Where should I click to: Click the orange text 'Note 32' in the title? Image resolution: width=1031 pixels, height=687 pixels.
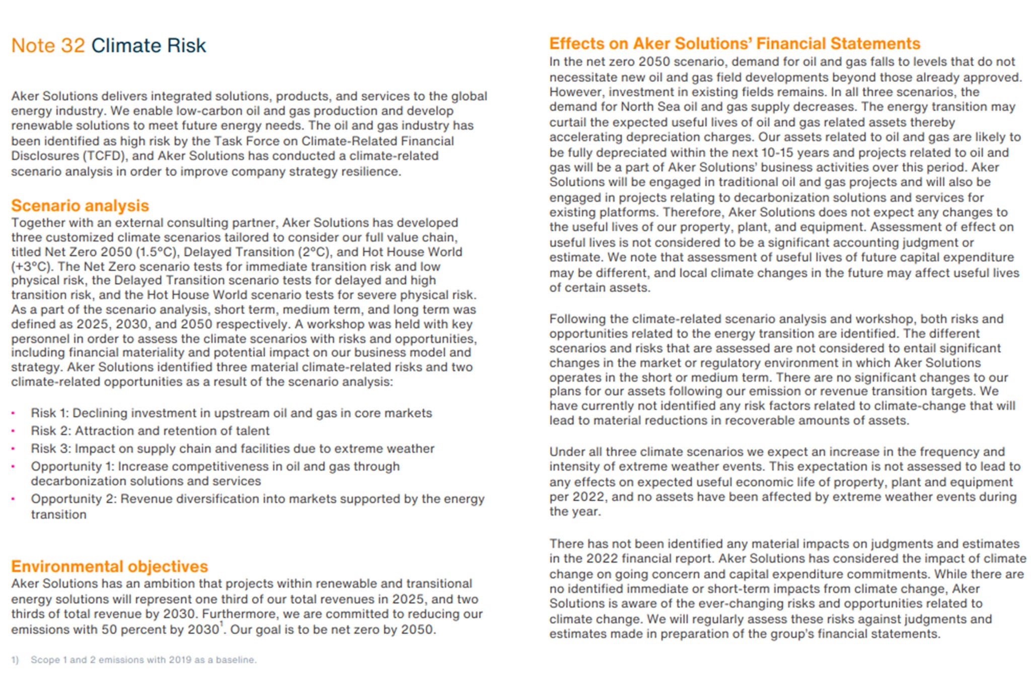point(48,45)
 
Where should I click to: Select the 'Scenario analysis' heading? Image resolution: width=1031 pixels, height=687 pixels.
point(80,205)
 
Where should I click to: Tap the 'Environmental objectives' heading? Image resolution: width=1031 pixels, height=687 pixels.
point(109,566)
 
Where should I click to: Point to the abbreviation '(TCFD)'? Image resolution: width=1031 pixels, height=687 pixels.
point(31,156)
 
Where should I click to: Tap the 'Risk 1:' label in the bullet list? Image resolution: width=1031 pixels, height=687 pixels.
point(49,413)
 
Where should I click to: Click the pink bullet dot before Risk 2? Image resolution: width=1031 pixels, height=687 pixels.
point(13,431)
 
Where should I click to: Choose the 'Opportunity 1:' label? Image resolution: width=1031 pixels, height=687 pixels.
point(72,467)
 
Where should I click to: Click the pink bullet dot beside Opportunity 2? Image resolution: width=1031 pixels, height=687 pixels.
point(13,499)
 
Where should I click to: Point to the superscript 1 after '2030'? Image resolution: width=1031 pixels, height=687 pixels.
point(221,625)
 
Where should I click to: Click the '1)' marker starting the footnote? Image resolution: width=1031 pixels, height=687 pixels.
point(15,660)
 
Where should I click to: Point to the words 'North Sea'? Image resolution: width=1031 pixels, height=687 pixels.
point(648,107)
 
